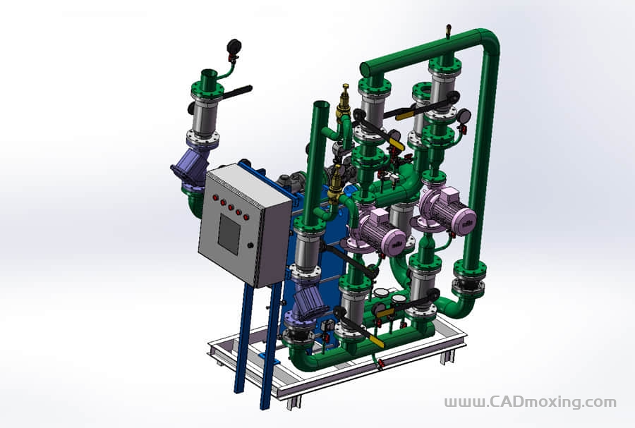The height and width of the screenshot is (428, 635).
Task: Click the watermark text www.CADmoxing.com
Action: [x=531, y=402]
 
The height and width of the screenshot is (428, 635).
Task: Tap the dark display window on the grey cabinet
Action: [x=229, y=235]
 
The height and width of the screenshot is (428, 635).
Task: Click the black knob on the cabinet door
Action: [x=250, y=245]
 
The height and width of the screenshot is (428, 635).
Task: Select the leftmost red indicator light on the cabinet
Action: [x=215, y=197]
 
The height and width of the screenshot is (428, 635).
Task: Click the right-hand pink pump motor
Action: [x=447, y=209]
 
